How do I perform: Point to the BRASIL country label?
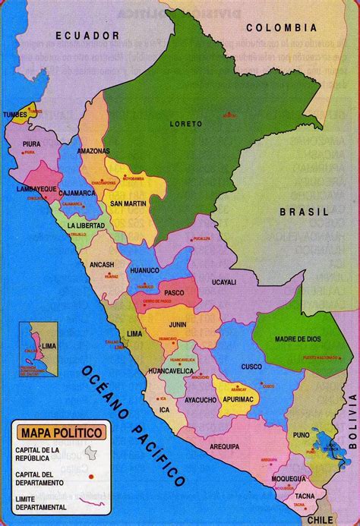(303, 213)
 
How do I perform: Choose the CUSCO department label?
(251, 367)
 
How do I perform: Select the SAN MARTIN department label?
(128, 203)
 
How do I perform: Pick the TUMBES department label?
(16, 114)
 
